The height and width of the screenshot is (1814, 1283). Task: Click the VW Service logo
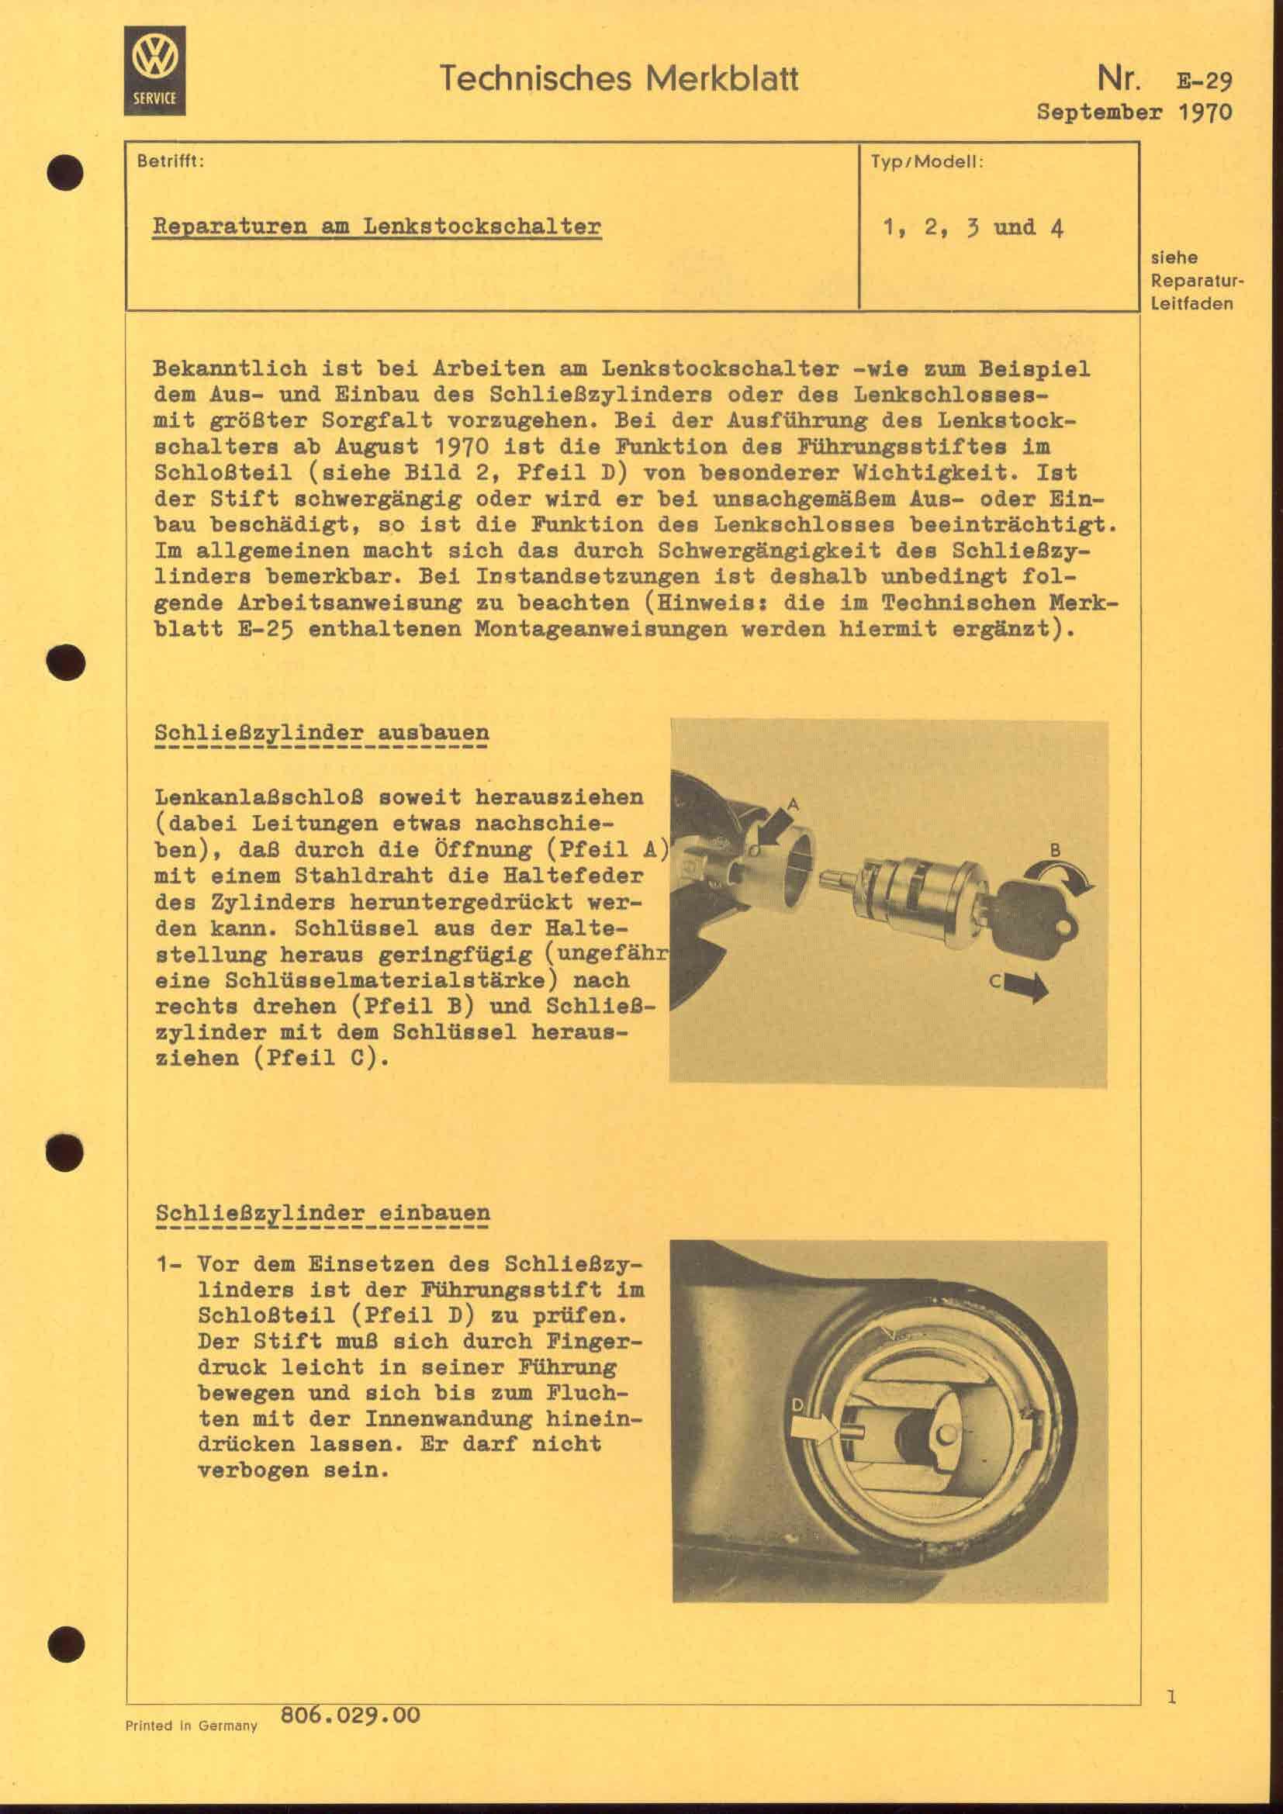155,71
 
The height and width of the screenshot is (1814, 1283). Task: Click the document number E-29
1204,81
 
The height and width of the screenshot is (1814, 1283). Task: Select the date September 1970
1134,112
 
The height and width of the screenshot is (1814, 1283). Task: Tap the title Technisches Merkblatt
617,78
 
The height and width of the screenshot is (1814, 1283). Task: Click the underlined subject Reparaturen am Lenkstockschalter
376,227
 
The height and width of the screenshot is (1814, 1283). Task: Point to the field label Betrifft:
171,162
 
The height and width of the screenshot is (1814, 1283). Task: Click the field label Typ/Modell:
927,162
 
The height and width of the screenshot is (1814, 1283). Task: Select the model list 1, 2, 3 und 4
973,228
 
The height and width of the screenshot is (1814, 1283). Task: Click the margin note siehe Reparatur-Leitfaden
1191,281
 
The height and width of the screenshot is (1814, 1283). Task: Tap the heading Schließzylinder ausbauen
322,732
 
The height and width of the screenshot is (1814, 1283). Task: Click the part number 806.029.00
350,1716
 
